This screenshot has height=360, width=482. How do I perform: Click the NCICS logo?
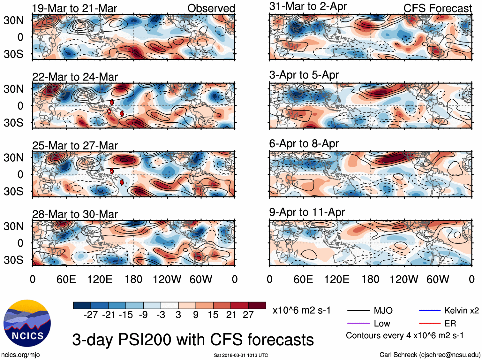(x=27, y=323)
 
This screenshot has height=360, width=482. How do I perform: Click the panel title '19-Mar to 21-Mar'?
(x=74, y=8)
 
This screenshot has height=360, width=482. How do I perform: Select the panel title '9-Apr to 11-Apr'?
(x=307, y=212)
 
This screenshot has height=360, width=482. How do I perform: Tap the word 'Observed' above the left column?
(x=211, y=8)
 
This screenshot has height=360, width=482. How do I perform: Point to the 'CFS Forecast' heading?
(x=437, y=8)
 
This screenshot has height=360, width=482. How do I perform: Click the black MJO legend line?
(x=358, y=310)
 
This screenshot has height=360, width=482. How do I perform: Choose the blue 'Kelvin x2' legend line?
(x=430, y=310)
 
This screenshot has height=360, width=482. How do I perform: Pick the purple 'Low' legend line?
(x=358, y=324)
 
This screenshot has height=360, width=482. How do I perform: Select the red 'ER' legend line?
(x=430, y=324)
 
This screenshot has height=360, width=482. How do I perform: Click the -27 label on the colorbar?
(x=91, y=315)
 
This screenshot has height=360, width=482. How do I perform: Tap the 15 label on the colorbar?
(x=213, y=315)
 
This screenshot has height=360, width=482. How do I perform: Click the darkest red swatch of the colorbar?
(x=257, y=305)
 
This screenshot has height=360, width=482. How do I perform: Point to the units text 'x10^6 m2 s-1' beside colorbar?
(x=301, y=310)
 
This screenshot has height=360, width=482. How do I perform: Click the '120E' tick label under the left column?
(x=100, y=280)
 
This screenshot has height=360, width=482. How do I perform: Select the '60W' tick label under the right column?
(x=438, y=280)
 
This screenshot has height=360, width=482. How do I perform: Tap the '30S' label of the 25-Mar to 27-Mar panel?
(x=14, y=191)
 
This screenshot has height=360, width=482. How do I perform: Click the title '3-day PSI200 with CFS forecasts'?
(x=193, y=340)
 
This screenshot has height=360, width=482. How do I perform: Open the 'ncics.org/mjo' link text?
(x=20, y=355)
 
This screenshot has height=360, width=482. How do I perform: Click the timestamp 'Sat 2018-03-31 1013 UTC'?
(x=241, y=355)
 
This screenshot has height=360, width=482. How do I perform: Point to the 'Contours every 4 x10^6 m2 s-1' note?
(x=404, y=336)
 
